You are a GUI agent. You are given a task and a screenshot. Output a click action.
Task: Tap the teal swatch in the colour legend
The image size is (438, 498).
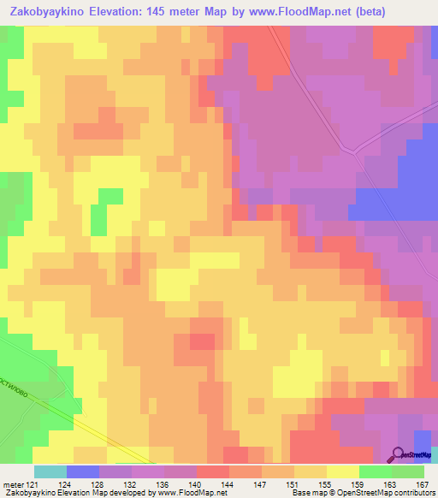pyautogui.click(x=50, y=471)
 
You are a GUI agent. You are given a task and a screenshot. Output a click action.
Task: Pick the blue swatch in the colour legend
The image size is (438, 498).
pyautogui.click(x=82, y=471)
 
